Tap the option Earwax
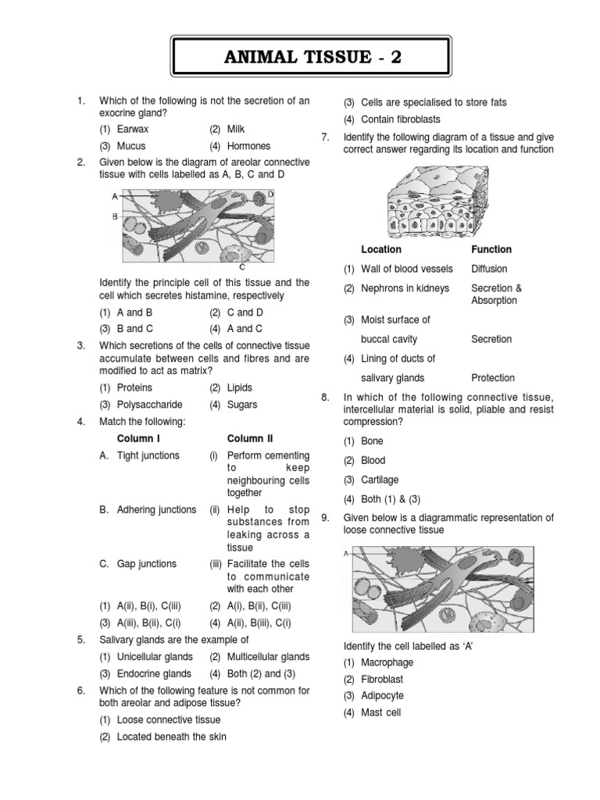click(134, 129)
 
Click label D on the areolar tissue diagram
click(270, 194)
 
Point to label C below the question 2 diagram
click(242, 267)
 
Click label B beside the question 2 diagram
click(115, 216)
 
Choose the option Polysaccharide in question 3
click(149, 405)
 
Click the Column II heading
click(251, 439)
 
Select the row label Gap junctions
click(148, 563)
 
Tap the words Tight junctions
click(148, 455)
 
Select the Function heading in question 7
click(491, 250)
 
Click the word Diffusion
click(489, 270)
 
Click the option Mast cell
click(380, 712)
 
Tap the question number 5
click(80, 641)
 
